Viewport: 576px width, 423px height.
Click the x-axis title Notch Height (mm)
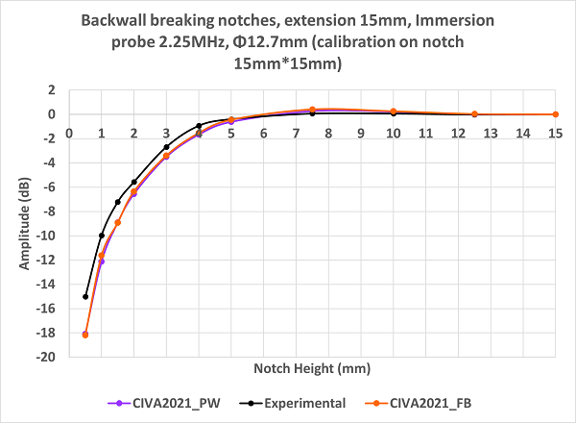(x=311, y=368)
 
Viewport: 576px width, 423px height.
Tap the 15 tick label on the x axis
(x=555, y=133)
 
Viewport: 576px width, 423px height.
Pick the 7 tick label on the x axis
(x=296, y=133)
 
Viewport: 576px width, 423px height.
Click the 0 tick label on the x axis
(x=69, y=133)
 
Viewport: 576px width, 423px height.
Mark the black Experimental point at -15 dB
(x=85, y=296)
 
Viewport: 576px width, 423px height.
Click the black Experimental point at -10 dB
(x=102, y=236)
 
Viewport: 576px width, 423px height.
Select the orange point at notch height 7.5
(x=312, y=110)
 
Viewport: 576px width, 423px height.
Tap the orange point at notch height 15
(x=555, y=114)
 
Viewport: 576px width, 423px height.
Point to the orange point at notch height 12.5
(x=474, y=114)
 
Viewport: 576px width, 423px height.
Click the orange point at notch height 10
(x=393, y=112)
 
